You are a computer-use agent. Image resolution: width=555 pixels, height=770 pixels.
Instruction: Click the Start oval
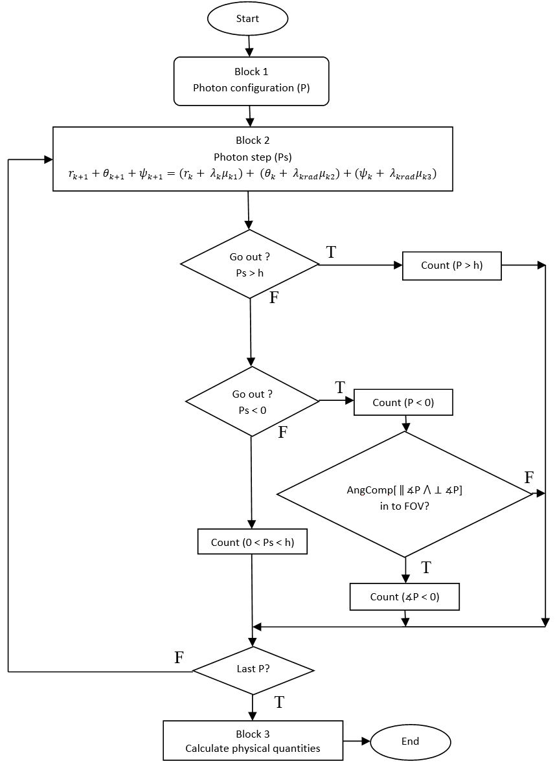click(x=247, y=19)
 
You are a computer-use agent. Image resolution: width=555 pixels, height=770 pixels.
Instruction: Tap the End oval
click(x=410, y=742)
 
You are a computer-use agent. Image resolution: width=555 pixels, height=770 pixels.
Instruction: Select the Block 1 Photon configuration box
click(x=251, y=80)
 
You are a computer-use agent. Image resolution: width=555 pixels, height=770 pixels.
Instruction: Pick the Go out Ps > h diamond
click(x=249, y=264)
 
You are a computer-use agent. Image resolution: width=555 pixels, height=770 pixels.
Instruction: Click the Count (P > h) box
click(x=451, y=265)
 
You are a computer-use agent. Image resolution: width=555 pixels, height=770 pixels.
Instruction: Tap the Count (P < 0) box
click(x=403, y=403)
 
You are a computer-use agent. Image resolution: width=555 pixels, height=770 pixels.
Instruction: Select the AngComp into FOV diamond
click(x=405, y=494)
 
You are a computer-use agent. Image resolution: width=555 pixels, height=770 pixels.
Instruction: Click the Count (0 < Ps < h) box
click(x=252, y=542)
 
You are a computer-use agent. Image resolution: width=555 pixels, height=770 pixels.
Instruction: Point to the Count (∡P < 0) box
click(x=404, y=596)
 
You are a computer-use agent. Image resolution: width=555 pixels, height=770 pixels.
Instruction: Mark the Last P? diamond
click(x=253, y=670)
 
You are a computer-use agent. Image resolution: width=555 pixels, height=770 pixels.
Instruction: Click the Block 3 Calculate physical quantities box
click(x=253, y=742)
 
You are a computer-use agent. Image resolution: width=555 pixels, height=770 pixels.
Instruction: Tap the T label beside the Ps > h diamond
click(x=331, y=253)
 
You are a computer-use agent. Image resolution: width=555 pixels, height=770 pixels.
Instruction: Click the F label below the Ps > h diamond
click(x=274, y=299)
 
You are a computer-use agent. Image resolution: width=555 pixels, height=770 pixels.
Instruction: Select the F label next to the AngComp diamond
click(x=528, y=479)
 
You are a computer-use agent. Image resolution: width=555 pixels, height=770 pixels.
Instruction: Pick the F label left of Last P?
click(x=179, y=658)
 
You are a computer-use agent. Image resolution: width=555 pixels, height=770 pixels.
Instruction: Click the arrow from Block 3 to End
click(x=356, y=740)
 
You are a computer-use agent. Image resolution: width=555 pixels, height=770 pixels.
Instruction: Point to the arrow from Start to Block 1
click(x=248, y=45)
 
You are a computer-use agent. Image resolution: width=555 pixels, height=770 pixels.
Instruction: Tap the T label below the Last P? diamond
click(x=280, y=702)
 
